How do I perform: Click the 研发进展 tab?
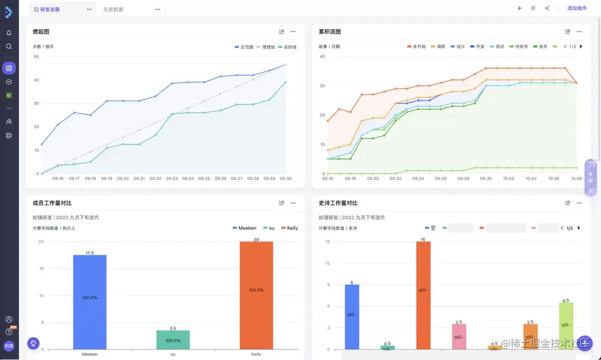click(50, 9)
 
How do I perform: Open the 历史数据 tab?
click(113, 9)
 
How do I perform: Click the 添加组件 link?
click(577, 8)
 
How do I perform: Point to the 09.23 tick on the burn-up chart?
click(171, 179)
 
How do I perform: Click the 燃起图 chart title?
click(41, 32)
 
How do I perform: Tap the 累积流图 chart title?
click(329, 32)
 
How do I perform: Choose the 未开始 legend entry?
click(419, 47)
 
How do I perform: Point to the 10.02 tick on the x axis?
click(508, 179)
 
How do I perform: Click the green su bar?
click(173, 339)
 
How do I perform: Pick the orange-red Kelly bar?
click(257, 295)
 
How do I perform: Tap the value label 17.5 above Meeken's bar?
click(90, 253)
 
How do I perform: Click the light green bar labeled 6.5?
click(566, 326)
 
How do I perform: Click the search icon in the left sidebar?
click(9, 46)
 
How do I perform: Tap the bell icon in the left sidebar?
click(9, 33)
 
